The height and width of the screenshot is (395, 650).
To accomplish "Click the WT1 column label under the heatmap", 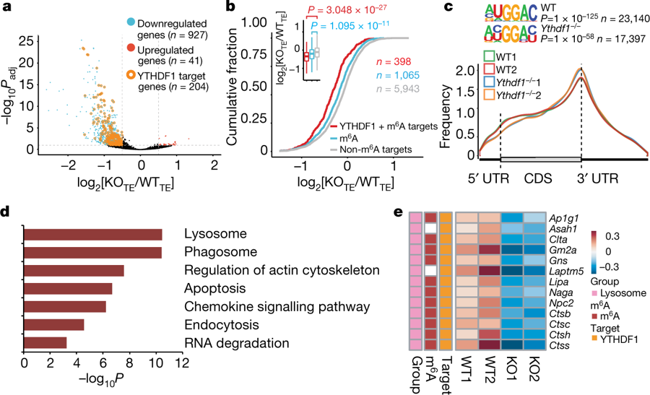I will tap(467, 370).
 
